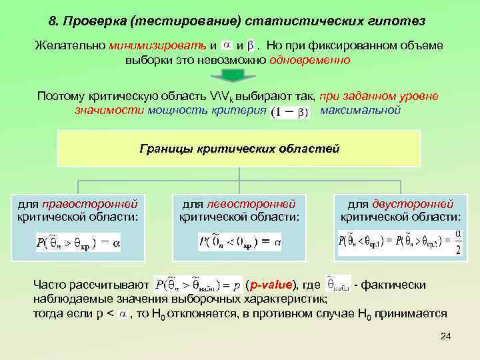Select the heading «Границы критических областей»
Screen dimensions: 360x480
point(240,148)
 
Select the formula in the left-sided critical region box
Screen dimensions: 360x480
point(240,241)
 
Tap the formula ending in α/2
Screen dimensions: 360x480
point(400,242)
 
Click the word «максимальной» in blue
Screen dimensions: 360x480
point(360,109)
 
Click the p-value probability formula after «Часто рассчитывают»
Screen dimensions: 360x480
point(198,285)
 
